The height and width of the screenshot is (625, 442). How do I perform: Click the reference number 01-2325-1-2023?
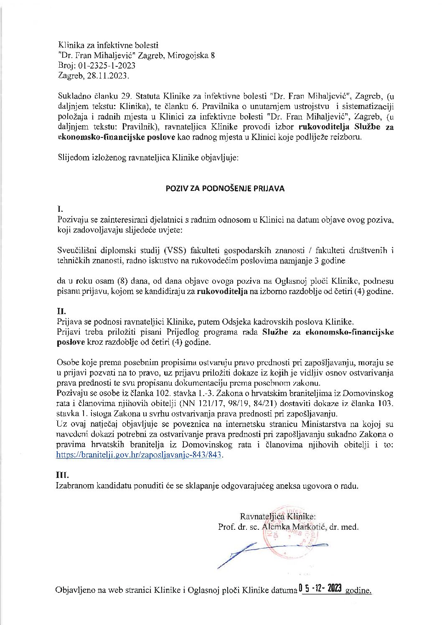[x=105, y=66]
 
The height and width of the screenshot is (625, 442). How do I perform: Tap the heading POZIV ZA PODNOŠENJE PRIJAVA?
[x=225, y=188]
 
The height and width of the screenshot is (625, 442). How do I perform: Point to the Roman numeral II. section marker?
[x=61, y=312]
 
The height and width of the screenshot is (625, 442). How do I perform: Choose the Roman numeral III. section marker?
[x=63, y=475]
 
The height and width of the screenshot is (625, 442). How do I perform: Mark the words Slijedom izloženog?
[x=87, y=158]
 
